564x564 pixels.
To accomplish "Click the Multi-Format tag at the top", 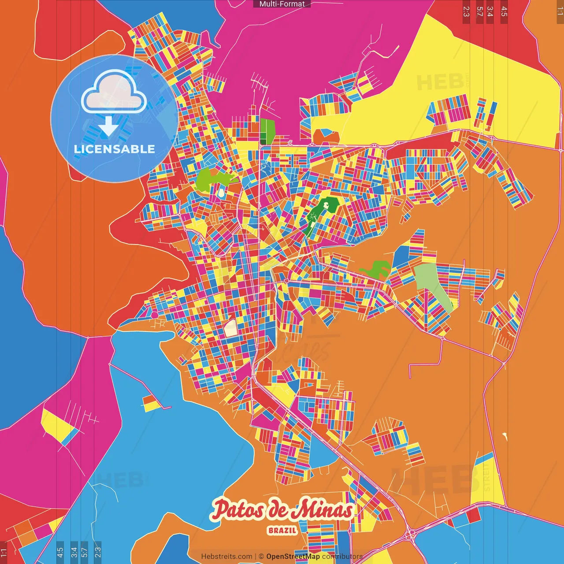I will [x=282, y=4].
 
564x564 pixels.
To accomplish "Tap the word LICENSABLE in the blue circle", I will [x=114, y=149].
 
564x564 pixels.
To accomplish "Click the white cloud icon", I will [x=114, y=93].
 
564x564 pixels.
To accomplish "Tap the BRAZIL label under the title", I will [x=282, y=530].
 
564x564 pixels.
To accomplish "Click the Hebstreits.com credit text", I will [x=226, y=557].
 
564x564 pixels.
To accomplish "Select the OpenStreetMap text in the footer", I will [x=293, y=557].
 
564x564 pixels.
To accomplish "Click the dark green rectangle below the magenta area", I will [x=267, y=130].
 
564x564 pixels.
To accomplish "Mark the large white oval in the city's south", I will [x=230, y=328].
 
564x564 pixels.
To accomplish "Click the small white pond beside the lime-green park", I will [x=221, y=193].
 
